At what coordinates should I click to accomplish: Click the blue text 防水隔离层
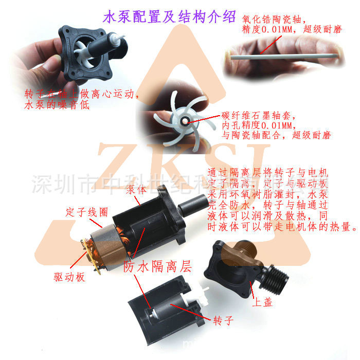pyautogui.click(x=157, y=267)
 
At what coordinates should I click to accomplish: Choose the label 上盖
pyautogui.click(x=262, y=302)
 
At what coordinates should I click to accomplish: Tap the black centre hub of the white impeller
pyautogui.click(x=184, y=121)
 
